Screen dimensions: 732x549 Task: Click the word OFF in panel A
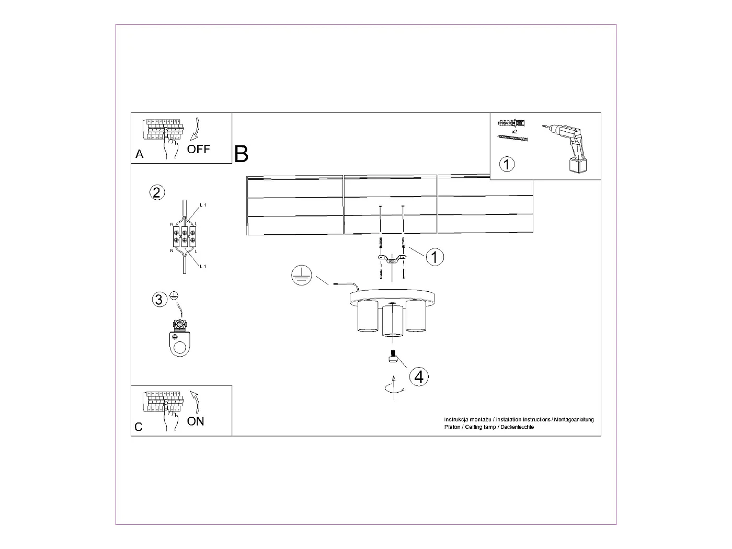[x=199, y=149]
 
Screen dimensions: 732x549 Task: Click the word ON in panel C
[x=196, y=421]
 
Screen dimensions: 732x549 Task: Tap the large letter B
[x=241, y=154]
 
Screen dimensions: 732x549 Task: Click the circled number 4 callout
[x=419, y=376]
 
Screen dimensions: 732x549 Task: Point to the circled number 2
[x=157, y=192]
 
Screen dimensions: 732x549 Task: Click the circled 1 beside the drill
[x=507, y=164]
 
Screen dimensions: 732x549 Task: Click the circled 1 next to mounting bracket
[x=434, y=257]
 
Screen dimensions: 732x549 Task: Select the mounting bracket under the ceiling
[x=392, y=259]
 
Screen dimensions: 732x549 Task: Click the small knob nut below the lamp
[x=392, y=357]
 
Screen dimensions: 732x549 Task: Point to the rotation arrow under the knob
[x=393, y=387]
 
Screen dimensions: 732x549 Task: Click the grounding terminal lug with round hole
[x=181, y=340]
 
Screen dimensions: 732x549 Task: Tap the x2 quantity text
[x=514, y=132]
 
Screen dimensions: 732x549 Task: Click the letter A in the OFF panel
[x=139, y=154]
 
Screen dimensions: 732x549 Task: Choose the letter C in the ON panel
[x=139, y=427]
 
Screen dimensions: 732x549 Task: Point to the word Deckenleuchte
[x=517, y=427]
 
